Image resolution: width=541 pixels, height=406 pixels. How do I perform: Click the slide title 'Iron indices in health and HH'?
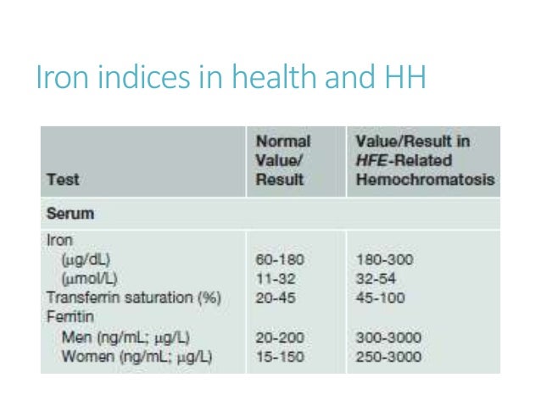click(230, 78)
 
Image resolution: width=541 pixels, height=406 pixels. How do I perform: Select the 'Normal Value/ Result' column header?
click(283, 161)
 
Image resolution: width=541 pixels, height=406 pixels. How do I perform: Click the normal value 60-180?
click(279, 259)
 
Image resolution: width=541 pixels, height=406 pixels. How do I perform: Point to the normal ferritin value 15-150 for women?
click(279, 355)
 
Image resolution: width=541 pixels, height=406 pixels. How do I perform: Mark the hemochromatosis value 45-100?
click(381, 297)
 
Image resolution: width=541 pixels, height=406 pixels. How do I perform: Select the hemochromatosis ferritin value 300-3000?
click(388, 336)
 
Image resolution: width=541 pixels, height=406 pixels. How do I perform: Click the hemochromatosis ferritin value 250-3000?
click(388, 355)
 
